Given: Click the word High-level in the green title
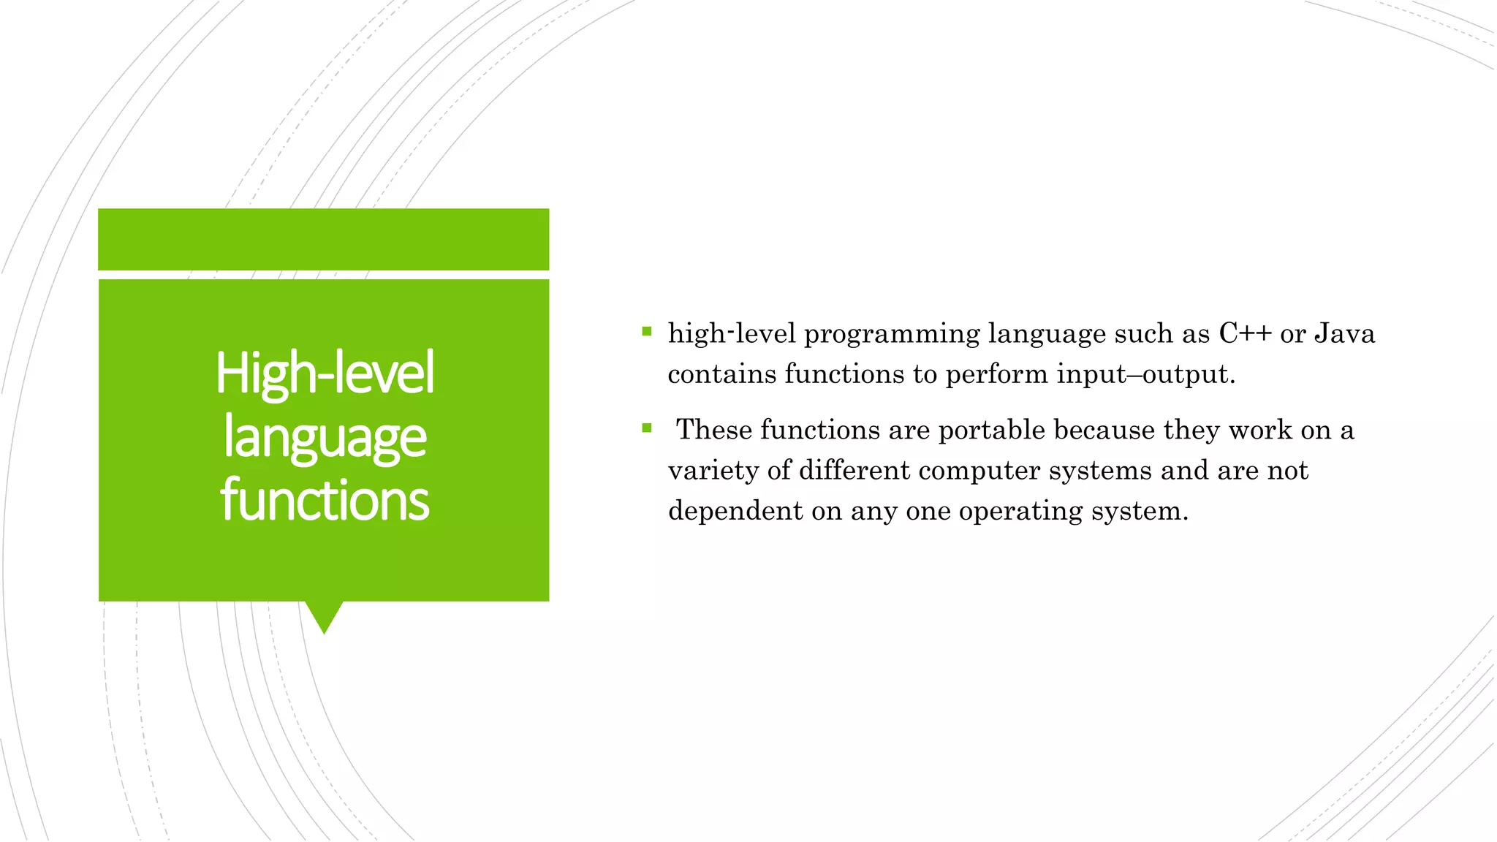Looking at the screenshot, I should coord(325,373).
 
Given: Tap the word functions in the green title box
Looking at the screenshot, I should coord(325,501).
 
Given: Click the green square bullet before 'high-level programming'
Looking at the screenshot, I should coord(646,332).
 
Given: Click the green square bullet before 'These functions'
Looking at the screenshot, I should coord(646,428).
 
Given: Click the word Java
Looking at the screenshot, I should coord(1344,334).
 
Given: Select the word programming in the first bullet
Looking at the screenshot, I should coord(892,335).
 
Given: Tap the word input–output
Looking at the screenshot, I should coord(1145,375).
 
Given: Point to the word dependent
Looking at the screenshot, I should coord(735,511).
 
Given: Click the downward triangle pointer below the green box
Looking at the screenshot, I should coord(324,615).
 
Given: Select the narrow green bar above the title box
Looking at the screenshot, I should coord(324,239).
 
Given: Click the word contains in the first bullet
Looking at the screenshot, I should coord(722,375).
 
